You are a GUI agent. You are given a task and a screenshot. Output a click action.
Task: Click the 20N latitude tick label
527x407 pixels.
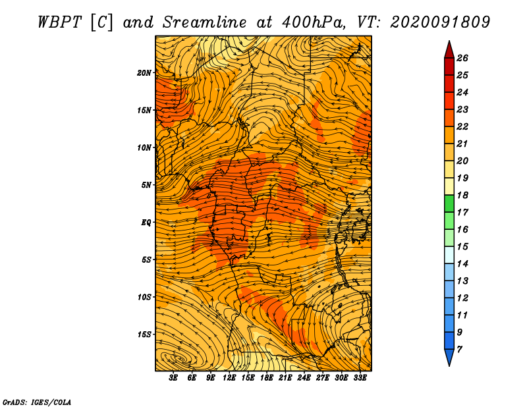(144, 73)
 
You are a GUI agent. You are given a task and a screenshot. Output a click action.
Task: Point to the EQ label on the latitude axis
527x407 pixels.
(146, 223)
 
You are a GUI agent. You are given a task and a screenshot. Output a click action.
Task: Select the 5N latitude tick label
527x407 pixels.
(146, 185)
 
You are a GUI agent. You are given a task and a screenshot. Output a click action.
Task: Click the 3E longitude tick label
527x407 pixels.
(173, 378)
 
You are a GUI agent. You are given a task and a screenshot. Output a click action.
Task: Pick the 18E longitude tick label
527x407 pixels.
(267, 378)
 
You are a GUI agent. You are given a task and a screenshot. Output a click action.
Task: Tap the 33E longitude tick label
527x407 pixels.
(360, 378)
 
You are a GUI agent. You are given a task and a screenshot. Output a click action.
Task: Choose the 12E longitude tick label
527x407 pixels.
(229, 378)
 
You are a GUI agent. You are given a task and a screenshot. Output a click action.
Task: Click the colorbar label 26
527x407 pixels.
(462, 58)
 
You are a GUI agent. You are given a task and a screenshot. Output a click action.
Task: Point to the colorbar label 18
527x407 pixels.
(462, 195)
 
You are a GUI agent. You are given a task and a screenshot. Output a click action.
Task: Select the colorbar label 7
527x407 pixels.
(459, 350)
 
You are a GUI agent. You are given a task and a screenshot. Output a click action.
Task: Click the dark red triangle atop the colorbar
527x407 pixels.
(449, 51)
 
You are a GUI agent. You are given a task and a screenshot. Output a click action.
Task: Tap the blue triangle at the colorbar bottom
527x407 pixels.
(449, 357)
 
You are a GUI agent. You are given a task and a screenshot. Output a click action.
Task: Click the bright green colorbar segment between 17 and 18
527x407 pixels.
(449, 203)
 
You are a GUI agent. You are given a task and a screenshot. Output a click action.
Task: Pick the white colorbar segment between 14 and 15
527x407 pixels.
(449, 255)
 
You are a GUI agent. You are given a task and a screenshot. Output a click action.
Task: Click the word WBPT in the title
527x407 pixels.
(59, 22)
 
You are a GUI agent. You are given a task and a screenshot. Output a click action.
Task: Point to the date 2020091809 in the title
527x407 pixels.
(440, 22)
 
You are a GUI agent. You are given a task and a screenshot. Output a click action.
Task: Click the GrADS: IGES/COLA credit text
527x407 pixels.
(37, 402)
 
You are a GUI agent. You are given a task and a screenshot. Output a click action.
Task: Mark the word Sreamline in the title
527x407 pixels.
(204, 22)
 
